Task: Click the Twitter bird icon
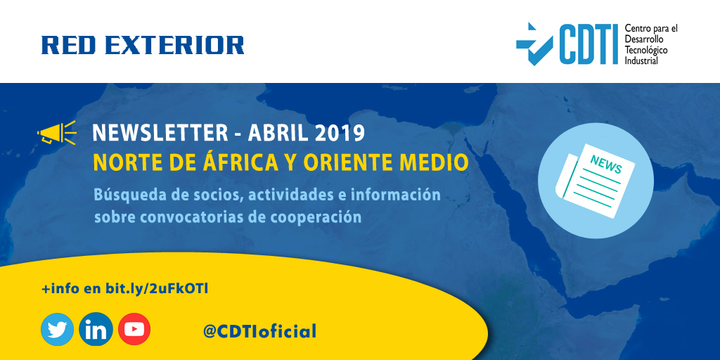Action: coord(57,329)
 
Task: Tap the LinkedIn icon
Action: coord(96,329)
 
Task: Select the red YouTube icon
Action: coord(134,329)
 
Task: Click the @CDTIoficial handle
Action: coord(259,330)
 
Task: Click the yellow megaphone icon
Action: coord(56,133)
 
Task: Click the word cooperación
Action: coord(317,216)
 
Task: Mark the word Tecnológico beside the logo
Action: coord(646,51)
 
